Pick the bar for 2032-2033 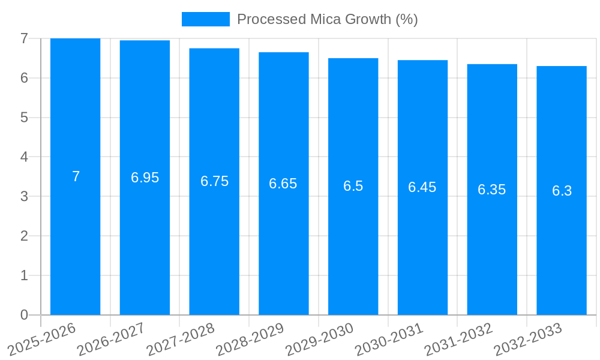pos(562,252)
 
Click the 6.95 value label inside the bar pos(145,178)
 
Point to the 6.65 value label pos(283,184)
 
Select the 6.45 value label pos(422,187)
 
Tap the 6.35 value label pos(492,190)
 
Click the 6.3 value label pos(562,191)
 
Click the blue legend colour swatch pos(205,19)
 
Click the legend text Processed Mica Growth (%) pos(327,19)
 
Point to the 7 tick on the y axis pos(24,38)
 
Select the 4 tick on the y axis pos(24,157)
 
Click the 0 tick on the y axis pos(24,315)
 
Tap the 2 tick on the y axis pos(24,236)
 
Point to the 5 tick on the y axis pos(24,118)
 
